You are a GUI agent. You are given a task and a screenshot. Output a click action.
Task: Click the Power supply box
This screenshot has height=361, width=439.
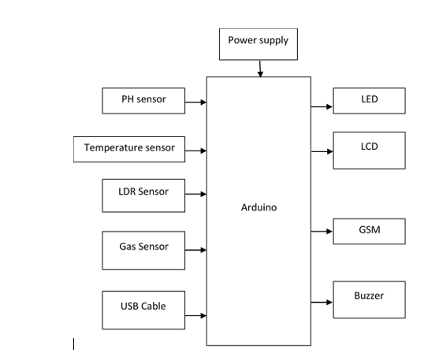tap(259, 44)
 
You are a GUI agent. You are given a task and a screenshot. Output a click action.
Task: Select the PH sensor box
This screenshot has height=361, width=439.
tap(143, 101)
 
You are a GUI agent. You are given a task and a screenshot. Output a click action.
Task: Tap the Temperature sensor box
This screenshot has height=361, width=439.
tap(129, 149)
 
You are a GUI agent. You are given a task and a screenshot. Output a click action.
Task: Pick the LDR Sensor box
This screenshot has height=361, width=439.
tap(143, 195)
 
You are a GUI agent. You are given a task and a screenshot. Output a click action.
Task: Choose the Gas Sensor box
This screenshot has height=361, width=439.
tap(143, 251)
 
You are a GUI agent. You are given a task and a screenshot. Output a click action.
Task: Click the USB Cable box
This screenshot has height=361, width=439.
tap(143, 310)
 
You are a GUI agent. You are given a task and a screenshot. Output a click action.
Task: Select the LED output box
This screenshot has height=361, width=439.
tap(369, 101)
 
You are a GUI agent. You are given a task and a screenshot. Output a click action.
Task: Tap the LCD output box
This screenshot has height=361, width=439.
tap(369, 151)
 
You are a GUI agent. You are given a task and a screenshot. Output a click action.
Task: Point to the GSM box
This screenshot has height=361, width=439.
tap(369, 231)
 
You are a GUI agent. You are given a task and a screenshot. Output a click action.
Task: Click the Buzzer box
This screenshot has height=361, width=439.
tap(369, 300)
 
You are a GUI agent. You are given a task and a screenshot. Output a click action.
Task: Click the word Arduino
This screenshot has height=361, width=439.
tap(259, 207)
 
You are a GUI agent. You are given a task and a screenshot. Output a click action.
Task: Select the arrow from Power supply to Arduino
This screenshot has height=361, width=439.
tap(260, 69)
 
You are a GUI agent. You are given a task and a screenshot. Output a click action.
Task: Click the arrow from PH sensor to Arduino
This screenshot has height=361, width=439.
tap(195, 102)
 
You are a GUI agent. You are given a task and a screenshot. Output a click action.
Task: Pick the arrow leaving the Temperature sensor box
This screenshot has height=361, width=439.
tap(195, 151)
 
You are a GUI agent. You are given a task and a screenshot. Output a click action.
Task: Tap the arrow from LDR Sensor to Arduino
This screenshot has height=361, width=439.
tap(195, 194)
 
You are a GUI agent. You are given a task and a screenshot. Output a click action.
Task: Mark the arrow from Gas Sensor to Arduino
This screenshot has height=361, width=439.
tap(195, 250)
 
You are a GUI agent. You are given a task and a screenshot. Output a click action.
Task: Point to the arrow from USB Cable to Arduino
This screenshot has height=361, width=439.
tap(195, 315)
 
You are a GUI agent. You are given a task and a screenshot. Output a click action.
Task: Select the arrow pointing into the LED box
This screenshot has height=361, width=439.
tap(322, 106)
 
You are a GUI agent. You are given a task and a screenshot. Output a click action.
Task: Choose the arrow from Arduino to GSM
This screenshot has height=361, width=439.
tap(322, 231)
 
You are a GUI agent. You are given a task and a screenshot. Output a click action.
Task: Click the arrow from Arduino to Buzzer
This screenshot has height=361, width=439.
tap(322, 302)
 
